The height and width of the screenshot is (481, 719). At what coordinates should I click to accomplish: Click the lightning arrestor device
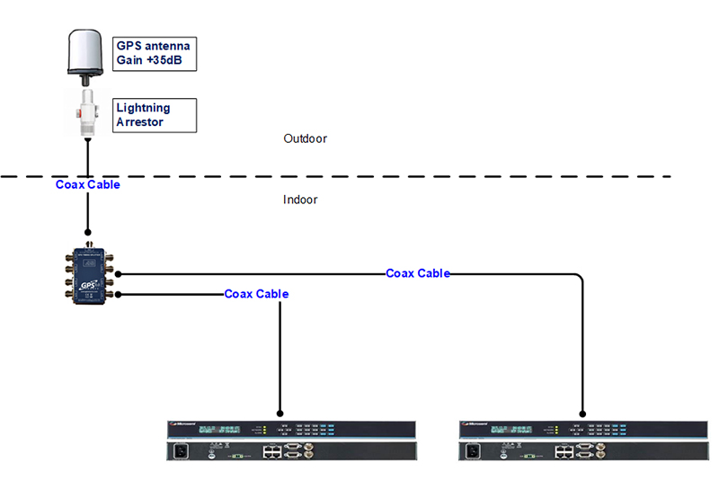[x=87, y=113]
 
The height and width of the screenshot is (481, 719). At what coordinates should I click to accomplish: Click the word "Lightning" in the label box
[x=143, y=108]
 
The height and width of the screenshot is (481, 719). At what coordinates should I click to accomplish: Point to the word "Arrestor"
[x=139, y=121]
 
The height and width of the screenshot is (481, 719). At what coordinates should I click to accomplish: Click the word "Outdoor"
[x=305, y=139]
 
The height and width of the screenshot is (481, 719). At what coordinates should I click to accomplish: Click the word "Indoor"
[x=300, y=200]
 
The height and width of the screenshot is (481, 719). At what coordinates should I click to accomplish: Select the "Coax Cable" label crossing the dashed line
[x=87, y=184]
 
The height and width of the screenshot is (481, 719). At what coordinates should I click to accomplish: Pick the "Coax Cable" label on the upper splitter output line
[x=418, y=272]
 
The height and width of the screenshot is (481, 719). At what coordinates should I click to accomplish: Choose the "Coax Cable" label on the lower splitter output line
[x=256, y=294]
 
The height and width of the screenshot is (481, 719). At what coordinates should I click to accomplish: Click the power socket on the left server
[x=180, y=453]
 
